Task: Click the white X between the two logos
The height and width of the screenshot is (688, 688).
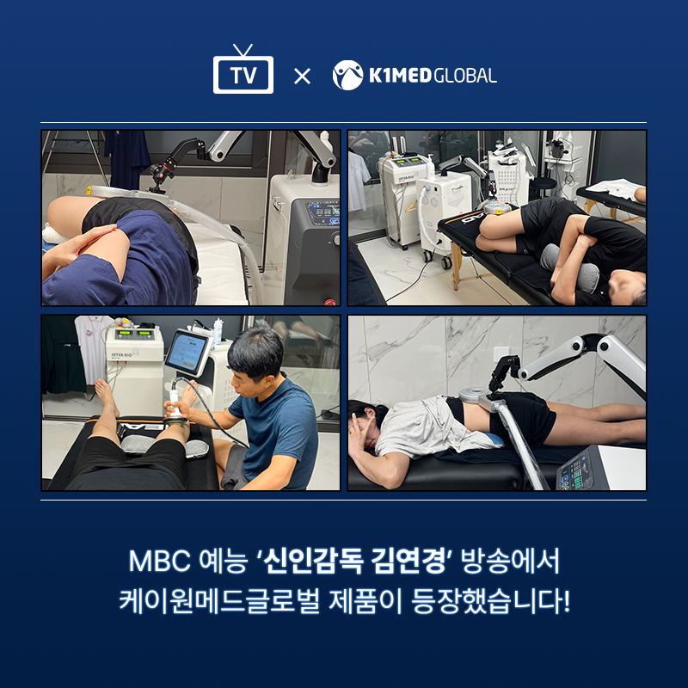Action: click(302, 76)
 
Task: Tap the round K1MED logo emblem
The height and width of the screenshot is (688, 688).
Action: click(348, 76)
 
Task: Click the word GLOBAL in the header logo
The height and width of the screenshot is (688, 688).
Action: click(465, 76)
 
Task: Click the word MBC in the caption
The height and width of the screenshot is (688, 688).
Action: click(159, 561)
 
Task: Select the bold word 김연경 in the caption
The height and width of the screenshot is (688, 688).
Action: click(408, 561)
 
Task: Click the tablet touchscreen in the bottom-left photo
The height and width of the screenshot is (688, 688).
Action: click(187, 353)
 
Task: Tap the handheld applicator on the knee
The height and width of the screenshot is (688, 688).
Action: click(177, 407)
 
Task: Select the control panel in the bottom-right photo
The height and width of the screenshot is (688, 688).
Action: click(575, 471)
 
